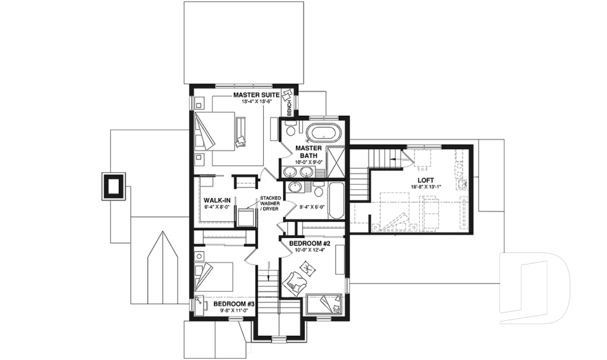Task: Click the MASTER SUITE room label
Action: pos(257,95)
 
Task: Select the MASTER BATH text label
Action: pos(309,152)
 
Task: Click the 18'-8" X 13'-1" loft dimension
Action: pos(422,187)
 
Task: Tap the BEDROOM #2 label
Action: pos(310,244)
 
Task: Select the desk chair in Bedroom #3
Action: pos(200,304)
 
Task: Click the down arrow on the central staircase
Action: pos(269,276)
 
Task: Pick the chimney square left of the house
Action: pos(114,186)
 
